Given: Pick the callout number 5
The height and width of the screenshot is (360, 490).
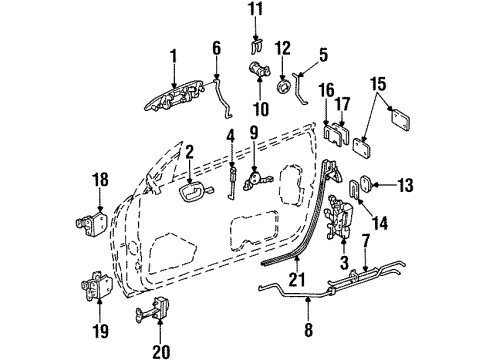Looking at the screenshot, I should (x=216, y=47).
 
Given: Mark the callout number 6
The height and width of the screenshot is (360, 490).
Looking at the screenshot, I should (x=216, y=47).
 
